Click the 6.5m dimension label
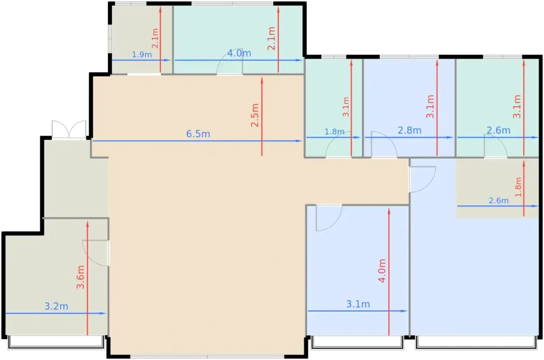pyautogui.click(x=198, y=134)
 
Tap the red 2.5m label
pyautogui.click(x=255, y=115)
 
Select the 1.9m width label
pyautogui.click(x=142, y=54)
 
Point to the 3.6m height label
pyautogui.click(x=80, y=277)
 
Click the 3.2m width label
pyautogui.click(x=56, y=306)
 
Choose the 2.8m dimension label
pyautogui.click(x=410, y=131)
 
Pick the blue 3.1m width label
pyautogui.click(x=358, y=304)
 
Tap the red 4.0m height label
pyautogui.click(x=382, y=271)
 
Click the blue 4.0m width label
pyautogui.click(x=239, y=53)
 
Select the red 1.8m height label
pyautogui.click(x=518, y=187)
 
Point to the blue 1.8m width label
pyautogui.click(x=335, y=132)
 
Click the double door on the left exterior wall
pyautogui.click(x=69, y=129)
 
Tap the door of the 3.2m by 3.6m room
pyautogui.click(x=96, y=253)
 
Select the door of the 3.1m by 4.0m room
pyautogui.click(x=329, y=218)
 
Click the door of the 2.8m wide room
pyautogui.click(x=384, y=144)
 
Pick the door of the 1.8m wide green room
pyautogui.click(x=338, y=145)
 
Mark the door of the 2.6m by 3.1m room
pyautogui.click(x=495, y=146)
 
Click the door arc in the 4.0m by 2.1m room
pyautogui.click(x=230, y=61)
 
